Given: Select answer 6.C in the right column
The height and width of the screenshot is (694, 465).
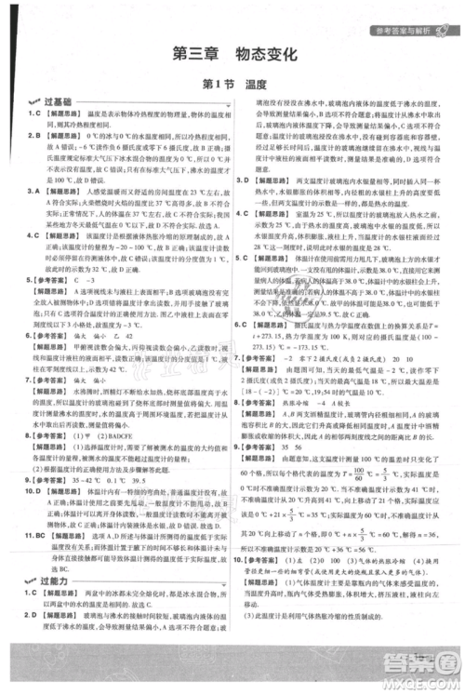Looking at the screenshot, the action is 243,324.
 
